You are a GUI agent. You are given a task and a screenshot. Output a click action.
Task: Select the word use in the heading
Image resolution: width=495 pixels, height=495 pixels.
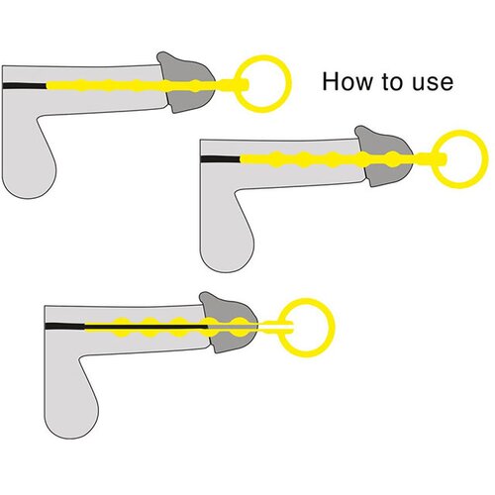(433, 83)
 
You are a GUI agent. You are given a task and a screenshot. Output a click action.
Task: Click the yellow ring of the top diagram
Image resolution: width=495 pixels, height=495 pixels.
(239, 84)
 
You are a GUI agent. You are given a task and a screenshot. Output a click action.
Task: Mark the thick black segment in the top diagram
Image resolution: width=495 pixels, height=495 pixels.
(24, 86)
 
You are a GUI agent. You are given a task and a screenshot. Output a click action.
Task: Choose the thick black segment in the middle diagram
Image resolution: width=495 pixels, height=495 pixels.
(220, 159)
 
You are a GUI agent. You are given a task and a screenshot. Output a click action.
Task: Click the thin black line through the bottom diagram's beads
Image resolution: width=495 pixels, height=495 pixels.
(146, 327)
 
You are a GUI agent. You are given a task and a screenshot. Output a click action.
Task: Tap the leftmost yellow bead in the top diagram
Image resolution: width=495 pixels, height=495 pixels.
(80, 86)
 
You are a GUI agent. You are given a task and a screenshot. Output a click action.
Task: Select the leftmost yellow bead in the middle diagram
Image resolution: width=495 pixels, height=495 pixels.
(276, 159)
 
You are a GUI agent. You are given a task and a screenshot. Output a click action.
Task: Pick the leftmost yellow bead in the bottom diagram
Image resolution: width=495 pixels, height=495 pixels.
(122, 327)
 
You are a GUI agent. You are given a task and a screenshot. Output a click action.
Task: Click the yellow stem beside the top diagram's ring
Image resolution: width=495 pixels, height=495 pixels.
(233, 85)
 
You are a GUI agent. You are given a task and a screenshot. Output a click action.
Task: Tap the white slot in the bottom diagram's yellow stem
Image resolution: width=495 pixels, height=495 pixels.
(275, 327)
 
